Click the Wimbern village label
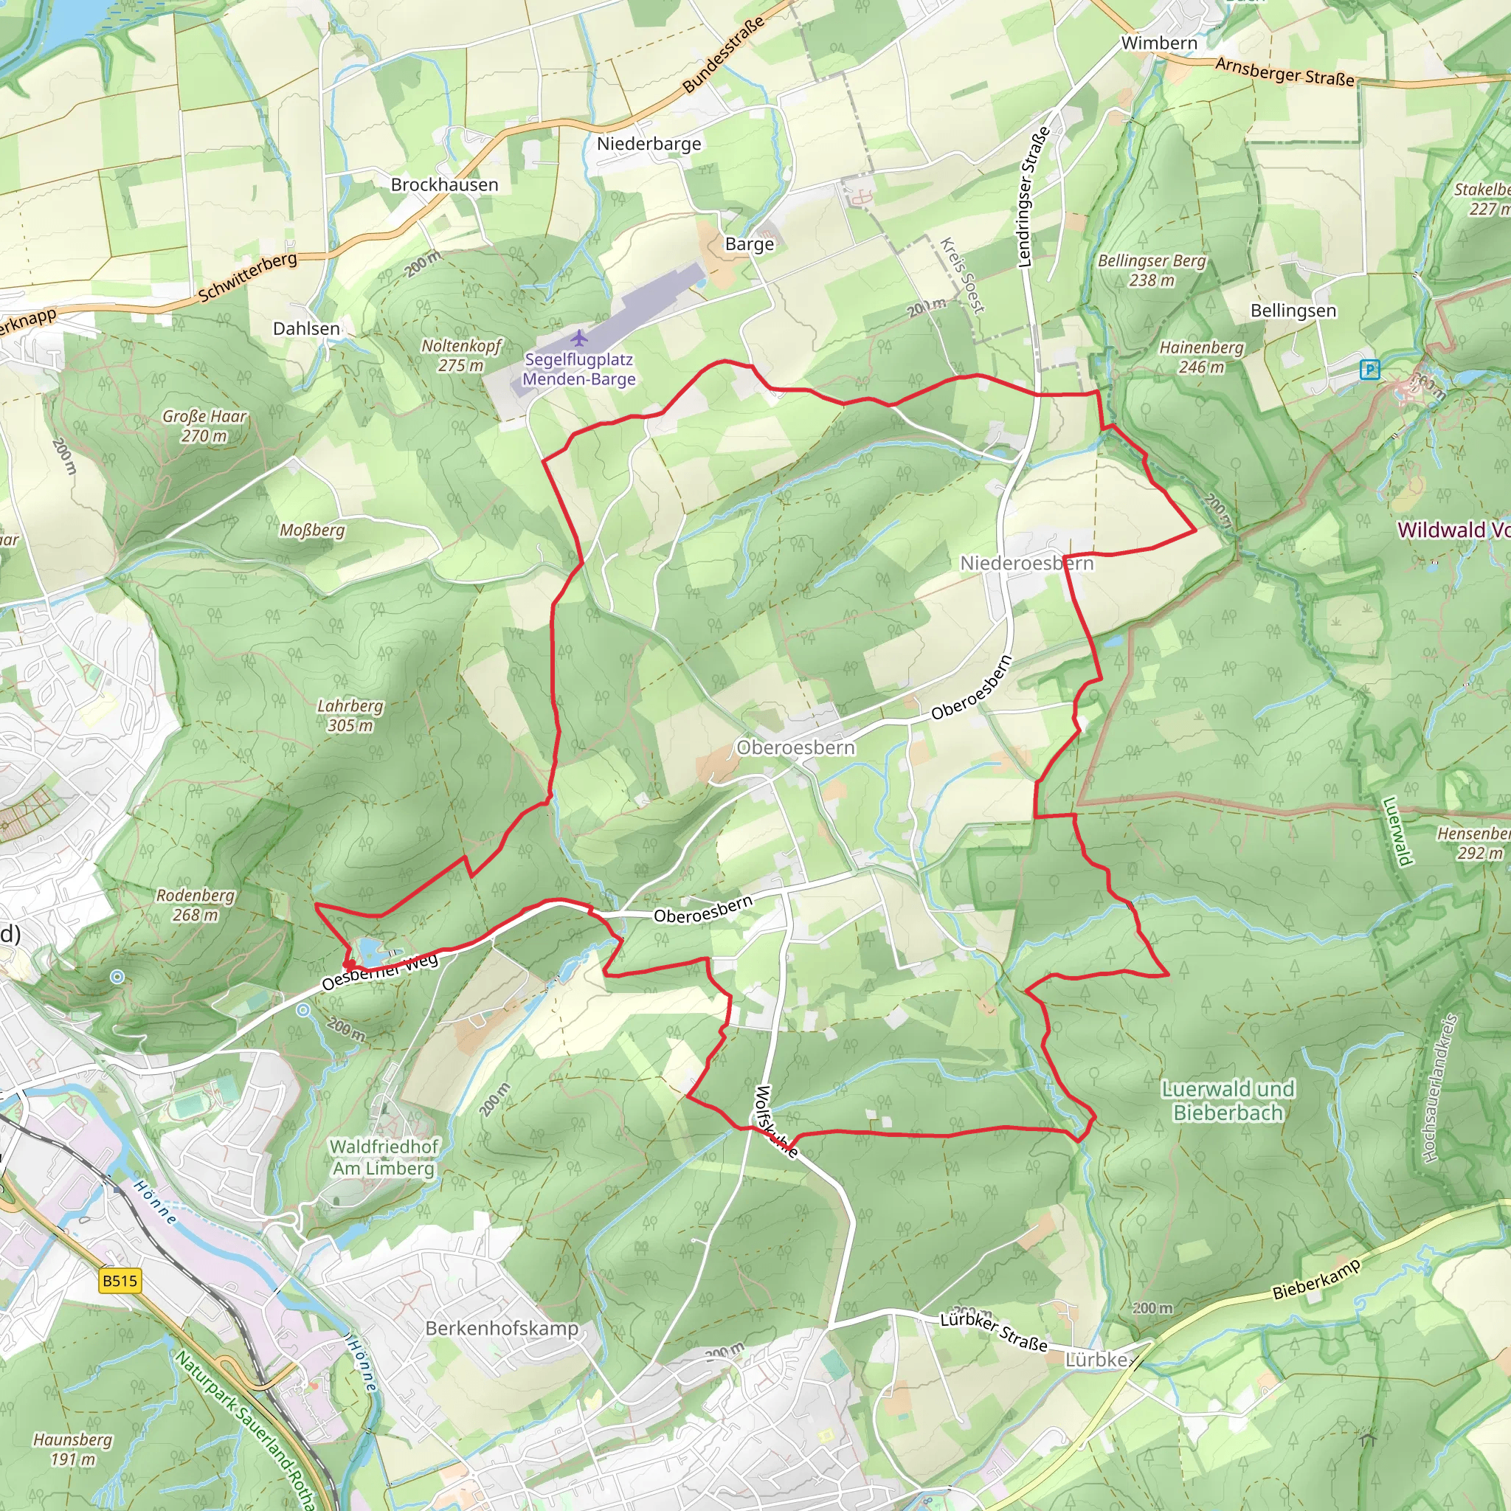pyautogui.click(x=1158, y=43)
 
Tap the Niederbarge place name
pyautogui.click(x=649, y=144)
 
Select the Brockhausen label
pyautogui.click(x=444, y=184)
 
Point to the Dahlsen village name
pyautogui.click(x=305, y=328)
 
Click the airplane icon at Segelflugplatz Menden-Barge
pyautogui.click(x=578, y=339)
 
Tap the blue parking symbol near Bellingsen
pyautogui.click(x=1369, y=369)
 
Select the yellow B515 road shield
pyautogui.click(x=120, y=1281)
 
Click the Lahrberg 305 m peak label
pyautogui.click(x=350, y=715)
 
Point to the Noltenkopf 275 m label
pyautogui.click(x=460, y=355)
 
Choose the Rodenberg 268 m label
pyautogui.click(x=195, y=905)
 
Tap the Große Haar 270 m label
pyautogui.click(x=204, y=426)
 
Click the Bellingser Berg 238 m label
pyautogui.click(x=1151, y=270)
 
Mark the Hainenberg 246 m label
pyautogui.click(x=1200, y=356)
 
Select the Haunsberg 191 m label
pyautogui.click(x=73, y=1448)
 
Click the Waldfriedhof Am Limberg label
pyautogui.click(x=383, y=1158)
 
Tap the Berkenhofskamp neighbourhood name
pyautogui.click(x=501, y=1328)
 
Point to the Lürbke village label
pyautogui.click(x=1096, y=1360)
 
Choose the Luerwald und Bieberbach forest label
pyautogui.click(x=1227, y=1100)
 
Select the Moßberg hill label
pyautogui.click(x=312, y=530)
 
